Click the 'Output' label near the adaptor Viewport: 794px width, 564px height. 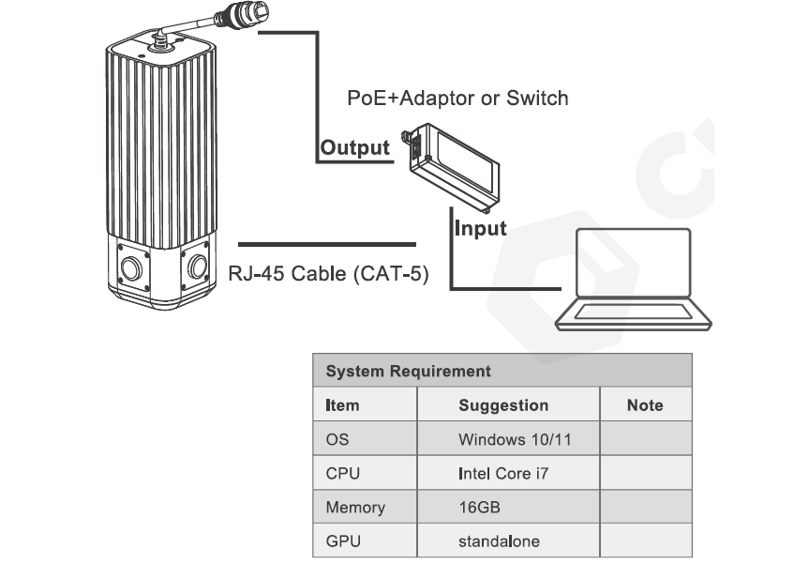tap(354, 147)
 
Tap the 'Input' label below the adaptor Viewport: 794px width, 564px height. tap(480, 228)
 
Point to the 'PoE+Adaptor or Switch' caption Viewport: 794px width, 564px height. tap(457, 98)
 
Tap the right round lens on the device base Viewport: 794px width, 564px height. tap(197, 267)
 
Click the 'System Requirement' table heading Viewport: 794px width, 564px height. tap(408, 372)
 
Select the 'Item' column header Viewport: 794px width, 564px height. tap(342, 405)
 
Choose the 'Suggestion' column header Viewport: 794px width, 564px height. tap(503, 405)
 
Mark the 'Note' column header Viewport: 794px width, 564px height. tap(644, 405)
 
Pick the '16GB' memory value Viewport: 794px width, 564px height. tap(479, 508)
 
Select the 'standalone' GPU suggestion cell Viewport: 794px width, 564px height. tap(499, 541)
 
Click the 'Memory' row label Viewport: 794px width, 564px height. tap(355, 508)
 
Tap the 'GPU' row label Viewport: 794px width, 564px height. tap(342, 541)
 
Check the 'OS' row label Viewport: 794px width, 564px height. tap(337, 439)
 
